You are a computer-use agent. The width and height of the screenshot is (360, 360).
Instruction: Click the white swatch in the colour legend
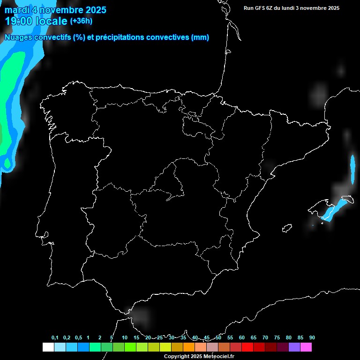(48, 347)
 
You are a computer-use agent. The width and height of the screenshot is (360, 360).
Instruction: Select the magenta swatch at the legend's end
(306, 347)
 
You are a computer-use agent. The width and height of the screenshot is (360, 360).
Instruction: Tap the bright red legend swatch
(247, 347)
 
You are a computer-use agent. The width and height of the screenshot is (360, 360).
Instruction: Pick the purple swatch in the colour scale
(294, 347)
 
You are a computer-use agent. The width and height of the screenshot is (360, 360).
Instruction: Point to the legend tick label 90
(312, 338)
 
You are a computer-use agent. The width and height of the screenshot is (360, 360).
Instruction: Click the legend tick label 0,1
(55, 338)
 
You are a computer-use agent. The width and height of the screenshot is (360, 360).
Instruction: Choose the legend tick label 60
(242, 338)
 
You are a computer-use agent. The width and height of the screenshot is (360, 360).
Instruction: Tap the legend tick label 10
(125, 338)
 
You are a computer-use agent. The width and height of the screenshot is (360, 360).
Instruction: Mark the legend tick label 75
(277, 338)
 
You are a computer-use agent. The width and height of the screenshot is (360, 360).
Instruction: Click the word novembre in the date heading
(61, 10)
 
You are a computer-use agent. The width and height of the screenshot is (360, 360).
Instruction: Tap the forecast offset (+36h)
(81, 21)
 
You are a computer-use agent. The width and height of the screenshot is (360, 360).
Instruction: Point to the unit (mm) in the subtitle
(200, 37)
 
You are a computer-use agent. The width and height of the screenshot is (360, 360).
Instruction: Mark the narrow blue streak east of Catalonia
(353, 168)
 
